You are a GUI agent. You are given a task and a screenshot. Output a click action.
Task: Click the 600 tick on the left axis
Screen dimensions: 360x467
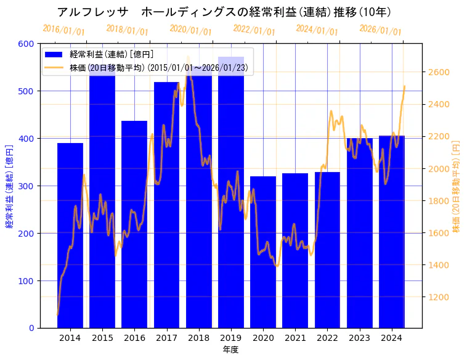tap(26, 44)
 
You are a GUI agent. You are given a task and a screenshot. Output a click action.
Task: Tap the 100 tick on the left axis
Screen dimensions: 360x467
tap(26, 281)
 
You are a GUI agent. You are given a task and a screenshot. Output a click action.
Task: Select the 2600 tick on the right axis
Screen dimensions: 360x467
tap(439, 72)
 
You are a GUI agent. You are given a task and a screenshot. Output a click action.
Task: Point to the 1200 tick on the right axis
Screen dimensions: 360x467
tap(439, 297)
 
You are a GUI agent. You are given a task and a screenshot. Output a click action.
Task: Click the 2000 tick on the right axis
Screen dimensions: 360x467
tap(439, 169)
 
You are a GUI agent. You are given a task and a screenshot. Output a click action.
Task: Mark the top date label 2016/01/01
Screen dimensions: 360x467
tap(63, 30)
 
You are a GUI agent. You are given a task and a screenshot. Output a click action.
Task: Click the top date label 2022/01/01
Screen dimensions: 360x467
tap(254, 30)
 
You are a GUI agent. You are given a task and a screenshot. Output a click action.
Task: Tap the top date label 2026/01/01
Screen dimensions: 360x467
tap(380, 30)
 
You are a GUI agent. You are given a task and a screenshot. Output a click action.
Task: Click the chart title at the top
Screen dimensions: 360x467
tap(224, 12)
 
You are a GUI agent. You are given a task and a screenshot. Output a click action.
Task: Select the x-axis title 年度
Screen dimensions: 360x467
tap(230, 350)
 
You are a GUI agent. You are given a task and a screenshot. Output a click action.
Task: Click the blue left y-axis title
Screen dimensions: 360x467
tap(9, 186)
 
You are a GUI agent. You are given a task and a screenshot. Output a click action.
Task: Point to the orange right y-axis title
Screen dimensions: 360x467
tap(457, 186)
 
